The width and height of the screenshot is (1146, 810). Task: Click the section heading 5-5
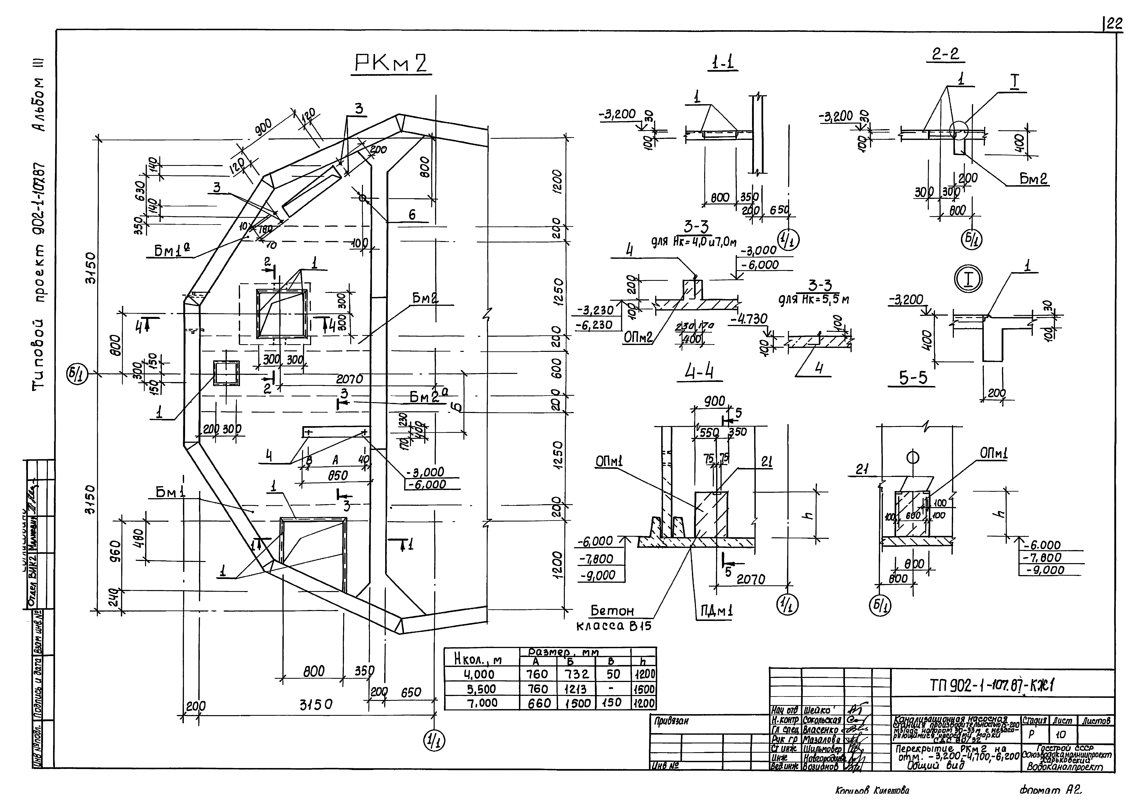pyautogui.click(x=913, y=378)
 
